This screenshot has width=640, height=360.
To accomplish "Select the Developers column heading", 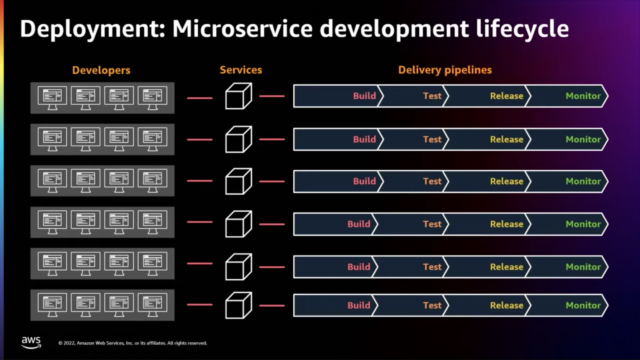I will click(102, 70).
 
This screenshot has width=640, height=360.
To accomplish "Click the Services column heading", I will click(240, 70).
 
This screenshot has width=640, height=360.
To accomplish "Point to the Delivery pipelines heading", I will click(444, 70).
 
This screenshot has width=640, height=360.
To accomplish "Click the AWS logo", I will click(31, 341).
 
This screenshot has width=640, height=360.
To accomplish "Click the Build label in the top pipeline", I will click(364, 97).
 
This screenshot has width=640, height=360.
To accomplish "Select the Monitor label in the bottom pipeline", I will click(583, 305).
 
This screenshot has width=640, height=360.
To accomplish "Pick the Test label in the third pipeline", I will click(432, 182).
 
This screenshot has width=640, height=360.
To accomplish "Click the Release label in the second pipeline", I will click(506, 139).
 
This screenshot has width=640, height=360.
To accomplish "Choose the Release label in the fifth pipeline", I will click(506, 267).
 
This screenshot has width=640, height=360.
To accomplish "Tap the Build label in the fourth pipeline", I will click(359, 224).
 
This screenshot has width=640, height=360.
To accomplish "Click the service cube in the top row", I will click(236, 97).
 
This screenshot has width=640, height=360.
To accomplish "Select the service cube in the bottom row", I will click(236, 305).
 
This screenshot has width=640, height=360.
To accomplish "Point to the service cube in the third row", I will click(236, 182).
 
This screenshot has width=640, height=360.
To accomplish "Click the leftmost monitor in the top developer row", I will click(51, 97).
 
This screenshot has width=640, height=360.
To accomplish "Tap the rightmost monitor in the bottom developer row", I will click(153, 305).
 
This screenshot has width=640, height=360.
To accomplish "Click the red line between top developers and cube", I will click(199, 98).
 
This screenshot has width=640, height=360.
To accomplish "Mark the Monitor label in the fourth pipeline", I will click(583, 224).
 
